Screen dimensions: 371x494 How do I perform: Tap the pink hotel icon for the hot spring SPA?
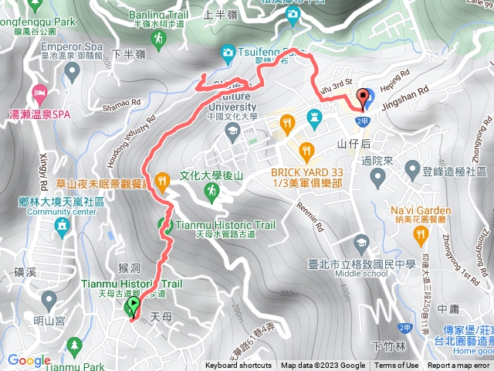click(39, 95)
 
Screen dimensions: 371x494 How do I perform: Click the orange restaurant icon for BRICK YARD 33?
click(306, 150)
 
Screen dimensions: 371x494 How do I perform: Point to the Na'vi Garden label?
click(420, 210)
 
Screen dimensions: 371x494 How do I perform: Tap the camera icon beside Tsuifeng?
click(227, 52)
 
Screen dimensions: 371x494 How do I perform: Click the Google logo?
click(29, 360)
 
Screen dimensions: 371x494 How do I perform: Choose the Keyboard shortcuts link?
click(238, 366)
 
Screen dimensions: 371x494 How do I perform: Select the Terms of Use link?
click(397, 366)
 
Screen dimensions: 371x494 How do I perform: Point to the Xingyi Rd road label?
click(40, 162)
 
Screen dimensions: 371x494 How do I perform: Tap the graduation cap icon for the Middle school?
click(362, 240)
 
